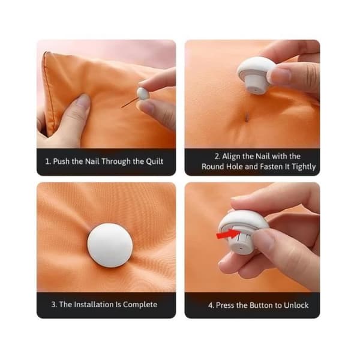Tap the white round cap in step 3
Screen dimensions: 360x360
(110, 245)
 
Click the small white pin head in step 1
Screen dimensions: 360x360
(143, 93)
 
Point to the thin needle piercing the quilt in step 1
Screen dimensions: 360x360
(130, 103)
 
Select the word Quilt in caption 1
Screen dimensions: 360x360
(155, 161)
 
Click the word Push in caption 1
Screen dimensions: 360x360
(61, 161)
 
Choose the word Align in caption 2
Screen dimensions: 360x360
(231, 157)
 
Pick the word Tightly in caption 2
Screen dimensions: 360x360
(304, 167)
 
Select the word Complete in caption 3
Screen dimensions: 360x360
(140, 305)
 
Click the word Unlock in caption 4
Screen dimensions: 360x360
(296, 305)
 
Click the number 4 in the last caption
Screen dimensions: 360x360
(211, 305)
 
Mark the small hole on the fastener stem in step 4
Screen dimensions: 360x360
(241, 248)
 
